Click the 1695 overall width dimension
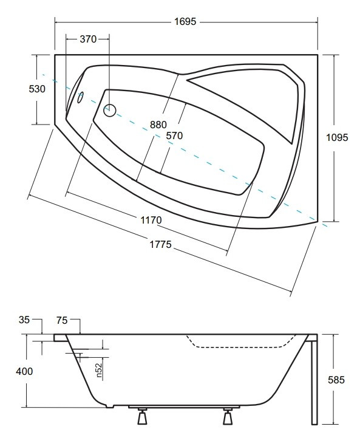pyautogui.click(x=185, y=21)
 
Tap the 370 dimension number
pyautogui.click(x=88, y=39)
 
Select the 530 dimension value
pyautogui.click(x=37, y=89)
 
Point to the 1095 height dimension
pyautogui.click(x=337, y=137)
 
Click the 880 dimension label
pyautogui.click(x=158, y=125)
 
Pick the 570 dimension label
pyautogui.click(x=174, y=135)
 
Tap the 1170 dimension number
pyautogui.click(x=151, y=221)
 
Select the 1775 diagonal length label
pyautogui.click(x=161, y=244)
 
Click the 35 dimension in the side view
pyautogui.click(x=24, y=320)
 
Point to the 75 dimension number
pyautogui.click(x=62, y=320)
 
